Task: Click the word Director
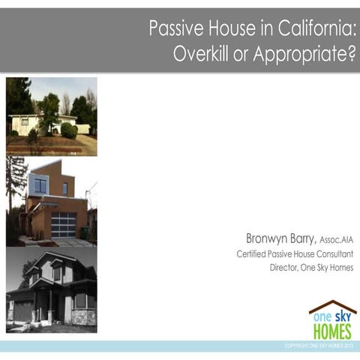pyautogui.click(x=285, y=268)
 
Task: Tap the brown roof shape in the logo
pyautogui.click(x=332, y=307)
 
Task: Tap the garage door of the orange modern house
pyautogui.click(x=64, y=223)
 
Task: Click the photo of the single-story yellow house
pyautogui.click(x=51, y=116)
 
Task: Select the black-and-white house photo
pyautogui.click(x=51, y=289)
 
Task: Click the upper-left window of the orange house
pyautogui.click(x=40, y=184)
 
